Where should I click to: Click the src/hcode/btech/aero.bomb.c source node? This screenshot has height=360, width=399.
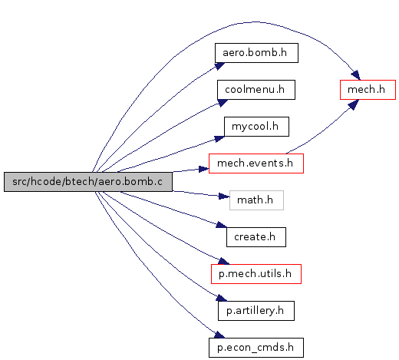88,182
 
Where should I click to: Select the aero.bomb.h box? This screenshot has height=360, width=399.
256,53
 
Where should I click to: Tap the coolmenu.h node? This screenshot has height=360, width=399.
256,90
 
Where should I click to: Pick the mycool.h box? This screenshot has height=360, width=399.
256,127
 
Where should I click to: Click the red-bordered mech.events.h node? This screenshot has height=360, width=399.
256,163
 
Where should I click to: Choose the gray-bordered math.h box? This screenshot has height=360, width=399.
256,200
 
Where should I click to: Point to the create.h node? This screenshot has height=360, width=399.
256,237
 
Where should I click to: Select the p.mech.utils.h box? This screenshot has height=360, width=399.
256,274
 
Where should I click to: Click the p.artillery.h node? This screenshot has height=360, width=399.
256,311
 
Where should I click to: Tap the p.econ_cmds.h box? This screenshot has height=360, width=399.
256,348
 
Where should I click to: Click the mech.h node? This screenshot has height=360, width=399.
368,90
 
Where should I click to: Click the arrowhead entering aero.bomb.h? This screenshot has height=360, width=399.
219,66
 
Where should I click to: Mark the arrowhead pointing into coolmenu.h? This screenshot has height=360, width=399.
223,103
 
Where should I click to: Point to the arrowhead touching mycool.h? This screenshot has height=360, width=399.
219,138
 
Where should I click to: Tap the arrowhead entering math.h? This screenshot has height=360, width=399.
224,197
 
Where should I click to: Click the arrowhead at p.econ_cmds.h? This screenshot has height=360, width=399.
219,335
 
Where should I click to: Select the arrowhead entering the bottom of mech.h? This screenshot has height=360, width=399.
354,104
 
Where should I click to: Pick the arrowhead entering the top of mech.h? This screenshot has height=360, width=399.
356,75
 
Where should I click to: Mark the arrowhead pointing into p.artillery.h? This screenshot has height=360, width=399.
222,298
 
